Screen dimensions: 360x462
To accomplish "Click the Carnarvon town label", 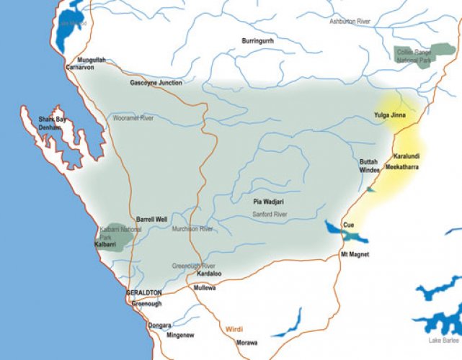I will tap(80, 67).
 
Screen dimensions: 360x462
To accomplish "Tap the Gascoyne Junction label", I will tap(156, 83).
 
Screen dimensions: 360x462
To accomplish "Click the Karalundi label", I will tap(407, 156).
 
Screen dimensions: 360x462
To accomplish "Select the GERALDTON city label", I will tap(144, 293).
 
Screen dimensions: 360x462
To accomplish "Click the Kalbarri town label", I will tap(106, 245).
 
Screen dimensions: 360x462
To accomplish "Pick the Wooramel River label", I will tap(133, 117).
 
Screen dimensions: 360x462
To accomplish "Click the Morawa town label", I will tap(246, 342).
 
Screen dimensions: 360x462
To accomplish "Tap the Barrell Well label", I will tap(152, 219).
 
